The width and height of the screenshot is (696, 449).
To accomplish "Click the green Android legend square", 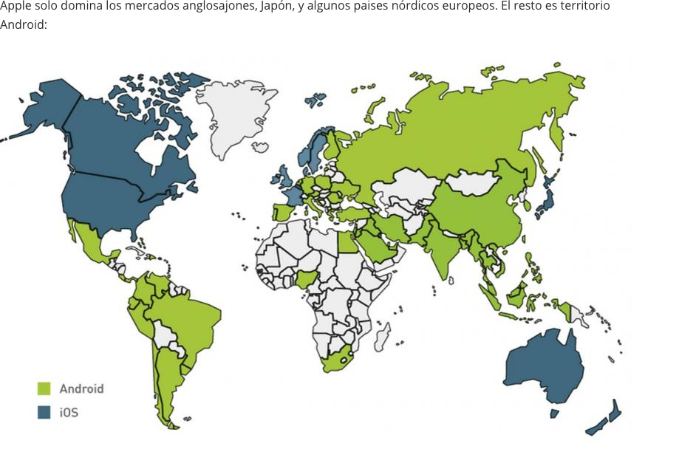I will point(44,388).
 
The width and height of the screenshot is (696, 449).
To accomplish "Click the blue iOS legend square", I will point(44,412).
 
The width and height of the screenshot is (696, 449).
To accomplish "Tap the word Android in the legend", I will point(81,388).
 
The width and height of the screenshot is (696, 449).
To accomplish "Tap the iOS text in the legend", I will point(69,412).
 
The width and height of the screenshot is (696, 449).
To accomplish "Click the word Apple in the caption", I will point(14,7).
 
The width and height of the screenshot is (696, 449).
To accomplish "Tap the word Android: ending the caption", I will point(23,24).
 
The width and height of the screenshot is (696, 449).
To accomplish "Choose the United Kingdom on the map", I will point(284,177).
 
